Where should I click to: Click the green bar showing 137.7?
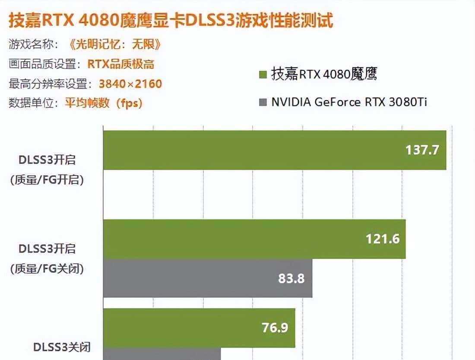tap(259, 150)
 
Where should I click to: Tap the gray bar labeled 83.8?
tap(194, 278)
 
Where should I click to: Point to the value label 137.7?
tap(422, 150)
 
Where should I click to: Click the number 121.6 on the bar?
tap(382, 239)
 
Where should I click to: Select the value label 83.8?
tap(291, 278)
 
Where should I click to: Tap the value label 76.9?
tap(275, 328)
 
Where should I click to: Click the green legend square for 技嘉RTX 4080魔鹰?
tap(262, 74)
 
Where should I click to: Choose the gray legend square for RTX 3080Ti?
tap(262, 102)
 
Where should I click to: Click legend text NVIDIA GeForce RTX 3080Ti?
tap(349, 102)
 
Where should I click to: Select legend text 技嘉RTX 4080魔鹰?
tap(324, 74)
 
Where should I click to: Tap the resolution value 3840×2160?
tap(130, 83)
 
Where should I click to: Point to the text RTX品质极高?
tap(121, 64)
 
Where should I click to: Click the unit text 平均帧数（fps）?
tap(104, 103)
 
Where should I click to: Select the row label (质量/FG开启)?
tap(47, 180)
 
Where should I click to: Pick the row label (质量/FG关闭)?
tap(47, 268)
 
